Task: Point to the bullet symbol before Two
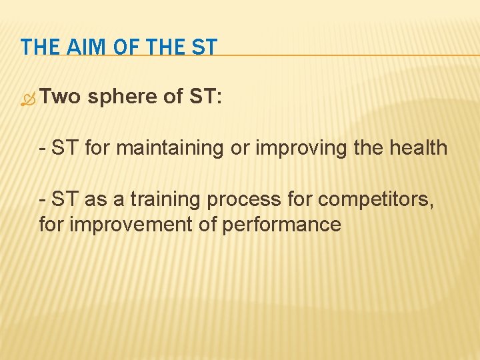point(27,99)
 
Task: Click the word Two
point(59,97)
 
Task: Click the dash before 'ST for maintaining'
point(43,148)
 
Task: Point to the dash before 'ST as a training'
point(43,199)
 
